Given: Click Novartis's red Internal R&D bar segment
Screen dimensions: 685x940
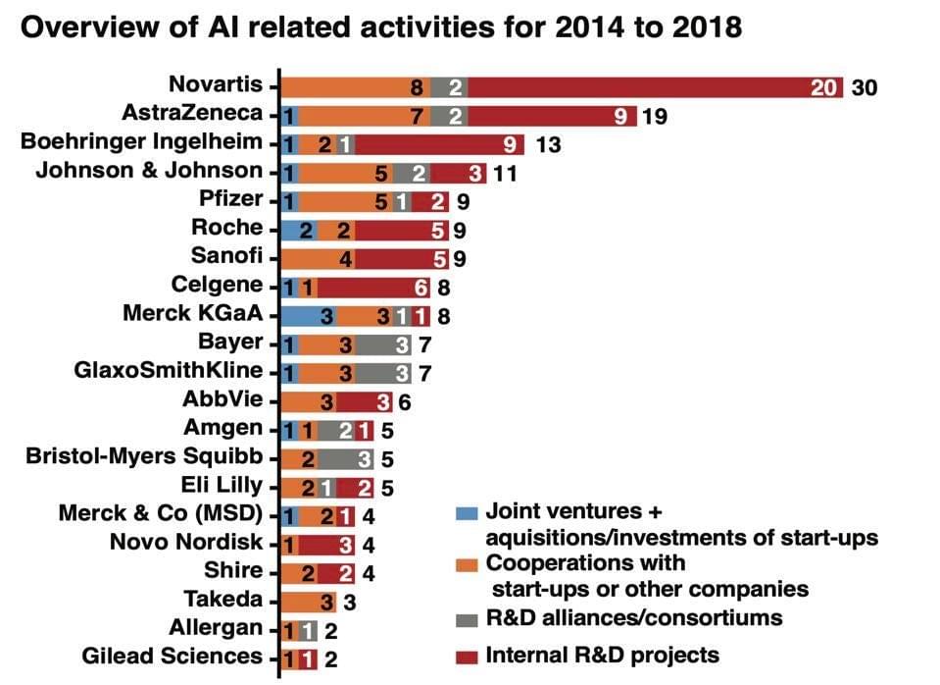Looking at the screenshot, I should tap(657, 86).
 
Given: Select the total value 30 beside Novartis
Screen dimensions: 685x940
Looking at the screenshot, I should tap(864, 87).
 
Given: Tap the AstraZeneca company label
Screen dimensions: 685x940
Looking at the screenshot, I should tap(192, 114).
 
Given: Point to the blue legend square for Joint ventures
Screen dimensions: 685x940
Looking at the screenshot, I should tap(468, 512).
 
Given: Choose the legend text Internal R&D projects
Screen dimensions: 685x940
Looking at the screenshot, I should tap(603, 655).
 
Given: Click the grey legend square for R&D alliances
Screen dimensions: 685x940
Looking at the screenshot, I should tap(468, 618).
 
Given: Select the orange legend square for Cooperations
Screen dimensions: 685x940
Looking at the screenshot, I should tap(468, 565).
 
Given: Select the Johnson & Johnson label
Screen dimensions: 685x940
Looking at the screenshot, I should tap(149, 171).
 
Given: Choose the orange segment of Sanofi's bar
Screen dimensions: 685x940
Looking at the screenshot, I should tap(318, 257).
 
